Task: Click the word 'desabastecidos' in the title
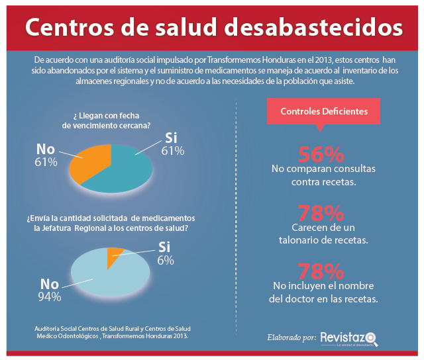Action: [313, 27]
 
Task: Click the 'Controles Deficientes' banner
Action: [323, 111]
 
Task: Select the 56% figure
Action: [321, 154]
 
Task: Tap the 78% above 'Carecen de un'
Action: [321, 213]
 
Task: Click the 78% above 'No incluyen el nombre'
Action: [321, 271]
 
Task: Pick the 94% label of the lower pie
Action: [50, 297]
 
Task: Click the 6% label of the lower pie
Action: [166, 261]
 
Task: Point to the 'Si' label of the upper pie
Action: [171, 138]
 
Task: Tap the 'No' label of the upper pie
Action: [46, 149]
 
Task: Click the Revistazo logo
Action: [349, 339]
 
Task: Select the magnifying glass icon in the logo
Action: [372, 339]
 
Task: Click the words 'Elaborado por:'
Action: [291, 337]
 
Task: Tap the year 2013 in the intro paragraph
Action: [324, 60]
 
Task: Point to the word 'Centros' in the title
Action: [70, 27]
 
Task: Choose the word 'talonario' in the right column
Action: [299, 240]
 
